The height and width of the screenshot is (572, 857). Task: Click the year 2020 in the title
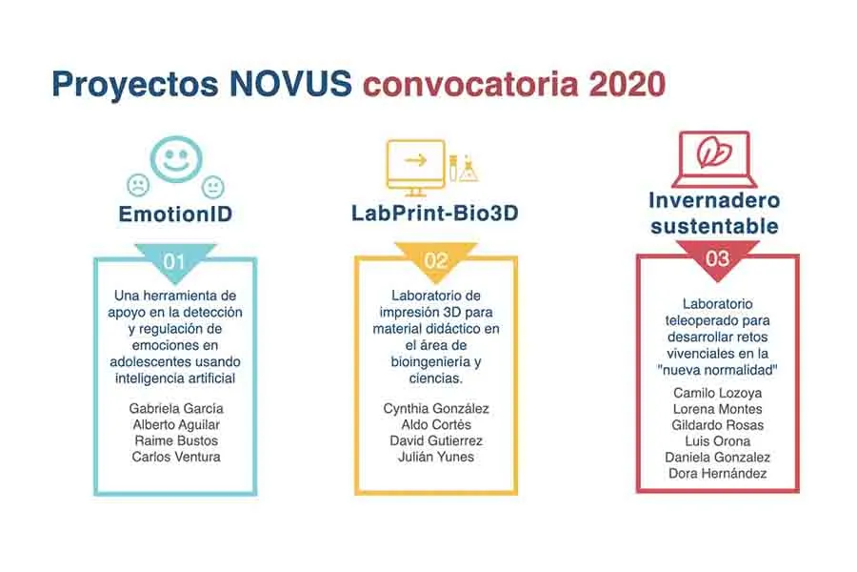[x=626, y=83]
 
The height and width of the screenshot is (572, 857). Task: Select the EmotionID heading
[x=175, y=214]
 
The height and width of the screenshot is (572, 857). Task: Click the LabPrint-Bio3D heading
[x=435, y=214]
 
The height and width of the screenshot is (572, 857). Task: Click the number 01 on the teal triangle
[x=174, y=259]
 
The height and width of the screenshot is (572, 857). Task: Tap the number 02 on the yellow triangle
[x=436, y=259]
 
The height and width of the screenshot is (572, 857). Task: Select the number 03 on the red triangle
[x=717, y=258]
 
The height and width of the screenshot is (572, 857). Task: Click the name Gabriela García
[x=175, y=408]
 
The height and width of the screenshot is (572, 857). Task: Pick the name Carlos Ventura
[x=175, y=457]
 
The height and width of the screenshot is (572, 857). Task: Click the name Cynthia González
[x=436, y=408]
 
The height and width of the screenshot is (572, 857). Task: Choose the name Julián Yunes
[x=436, y=457]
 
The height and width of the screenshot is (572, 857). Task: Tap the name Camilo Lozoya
[x=717, y=392]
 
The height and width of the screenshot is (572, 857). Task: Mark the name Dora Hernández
[x=717, y=474]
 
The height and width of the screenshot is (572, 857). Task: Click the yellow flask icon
[x=468, y=171]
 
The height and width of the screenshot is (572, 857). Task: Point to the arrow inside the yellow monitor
[x=415, y=160]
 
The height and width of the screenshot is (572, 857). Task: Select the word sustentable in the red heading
[x=715, y=226]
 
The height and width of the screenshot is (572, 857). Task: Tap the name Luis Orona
[x=717, y=440]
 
